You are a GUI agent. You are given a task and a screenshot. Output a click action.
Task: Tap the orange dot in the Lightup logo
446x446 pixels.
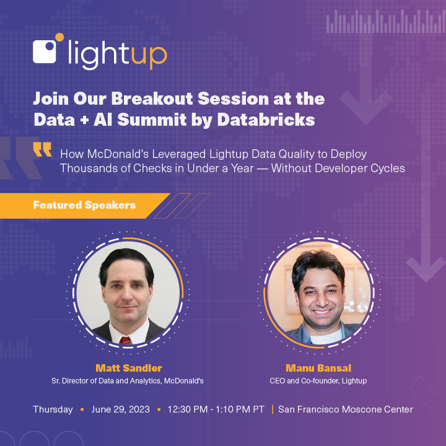tap(59, 37)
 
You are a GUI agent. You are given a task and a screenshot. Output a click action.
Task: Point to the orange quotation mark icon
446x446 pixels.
tap(43, 149)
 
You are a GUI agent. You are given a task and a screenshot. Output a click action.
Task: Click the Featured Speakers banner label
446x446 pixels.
tap(84, 205)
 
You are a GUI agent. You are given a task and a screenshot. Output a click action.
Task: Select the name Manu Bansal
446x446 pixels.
tap(318, 368)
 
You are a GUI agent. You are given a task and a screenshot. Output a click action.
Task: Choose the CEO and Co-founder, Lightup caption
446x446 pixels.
tap(318, 381)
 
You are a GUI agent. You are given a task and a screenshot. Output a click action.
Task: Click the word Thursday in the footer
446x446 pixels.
tap(53, 409)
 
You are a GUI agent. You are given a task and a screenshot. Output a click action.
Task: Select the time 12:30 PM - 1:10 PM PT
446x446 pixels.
tap(215, 409)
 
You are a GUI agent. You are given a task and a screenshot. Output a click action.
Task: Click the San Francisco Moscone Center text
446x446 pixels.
tap(346, 409)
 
